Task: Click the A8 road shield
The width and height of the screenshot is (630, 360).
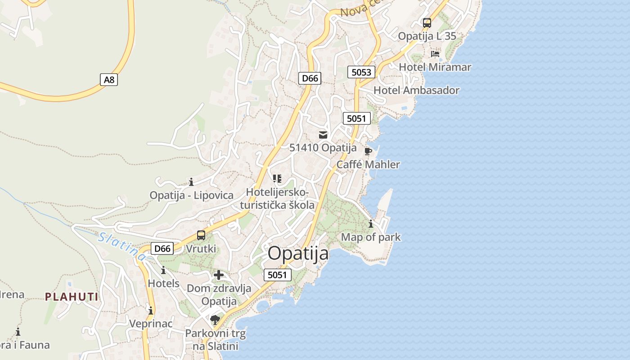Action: tap(108, 80)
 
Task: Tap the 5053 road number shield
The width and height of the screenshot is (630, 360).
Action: tap(361, 72)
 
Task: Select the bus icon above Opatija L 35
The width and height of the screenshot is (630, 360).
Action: tap(427, 22)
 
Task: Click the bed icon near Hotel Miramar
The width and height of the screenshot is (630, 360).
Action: tap(435, 54)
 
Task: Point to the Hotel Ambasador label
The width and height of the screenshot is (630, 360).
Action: tap(416, 90)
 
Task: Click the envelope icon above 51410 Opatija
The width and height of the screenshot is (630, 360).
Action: tap(323, 135)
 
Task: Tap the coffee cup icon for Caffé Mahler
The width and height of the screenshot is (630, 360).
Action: tap(368, 151)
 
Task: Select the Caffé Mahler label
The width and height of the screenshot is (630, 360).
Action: tap(368, 164)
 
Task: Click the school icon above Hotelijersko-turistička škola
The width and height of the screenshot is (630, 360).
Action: tap(277, 179)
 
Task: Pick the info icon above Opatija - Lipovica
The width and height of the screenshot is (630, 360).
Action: tap(191, 182)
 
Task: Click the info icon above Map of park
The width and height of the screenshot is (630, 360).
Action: tap(371, 224)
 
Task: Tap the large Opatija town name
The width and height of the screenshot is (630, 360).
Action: tap(298, 254)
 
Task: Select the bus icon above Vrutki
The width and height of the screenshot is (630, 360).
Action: tap(201, 235)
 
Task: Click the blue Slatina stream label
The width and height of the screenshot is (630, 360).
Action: tap(122, 246)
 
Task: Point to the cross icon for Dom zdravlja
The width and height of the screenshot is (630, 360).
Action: tap(218, 275)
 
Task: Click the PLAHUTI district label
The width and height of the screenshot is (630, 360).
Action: tap(72, 297)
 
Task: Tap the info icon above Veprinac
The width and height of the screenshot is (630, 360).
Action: tap(151, 310)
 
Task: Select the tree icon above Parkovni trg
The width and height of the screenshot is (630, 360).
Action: tap(215, 320)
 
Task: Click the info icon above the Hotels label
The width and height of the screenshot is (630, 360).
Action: tap(163, 270)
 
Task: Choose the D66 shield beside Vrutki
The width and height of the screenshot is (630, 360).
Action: tap(162, 248)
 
